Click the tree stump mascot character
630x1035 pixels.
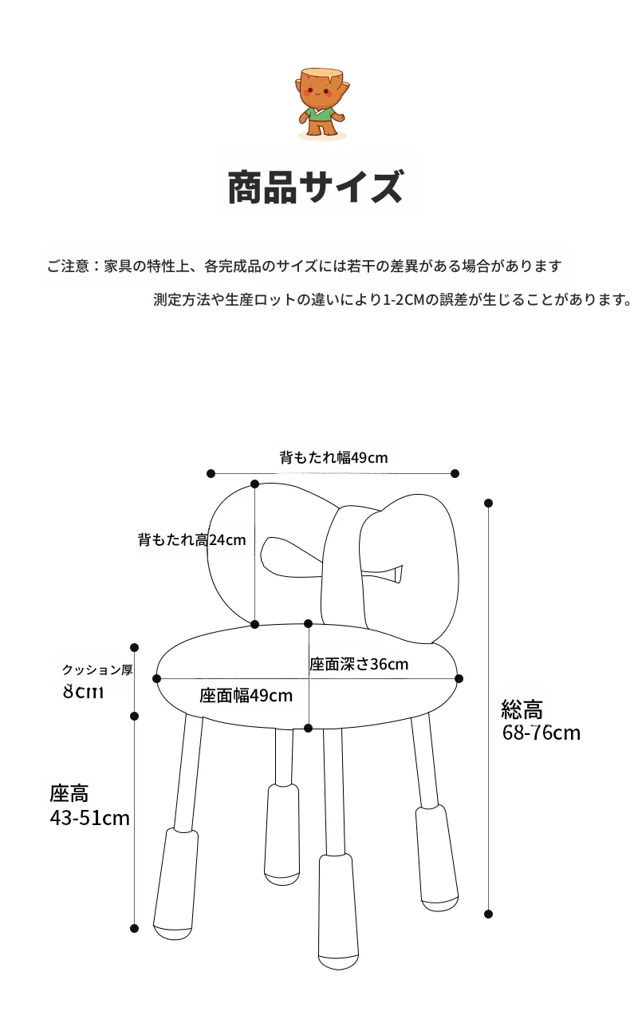[x=322, y=104]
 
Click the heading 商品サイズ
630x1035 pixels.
[x=317, y=187]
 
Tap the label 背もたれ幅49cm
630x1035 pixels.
[x=333, y=458]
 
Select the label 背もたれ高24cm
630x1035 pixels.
[x=191, y=539]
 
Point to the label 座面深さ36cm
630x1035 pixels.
[x=359, y=665]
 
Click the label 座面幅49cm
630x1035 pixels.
[x=246, y=695]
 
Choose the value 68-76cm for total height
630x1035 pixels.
[x=541, y=733]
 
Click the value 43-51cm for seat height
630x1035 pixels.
[x=89, y=818]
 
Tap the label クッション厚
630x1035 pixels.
[x=97, y=670]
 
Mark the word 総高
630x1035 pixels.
[x=522, y=709]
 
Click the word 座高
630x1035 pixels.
[x=69, y=794]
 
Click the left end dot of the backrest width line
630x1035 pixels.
[x=211, y=473]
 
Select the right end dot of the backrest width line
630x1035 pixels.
[x=455, y=473]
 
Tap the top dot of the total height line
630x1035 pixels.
[x=488, y=503]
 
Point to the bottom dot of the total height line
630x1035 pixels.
[x=488, y=914]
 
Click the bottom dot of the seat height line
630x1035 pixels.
[x=135, y=928]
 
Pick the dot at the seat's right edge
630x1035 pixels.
[x=459, y=679]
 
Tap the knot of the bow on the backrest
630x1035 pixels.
[x=344, y=572]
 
